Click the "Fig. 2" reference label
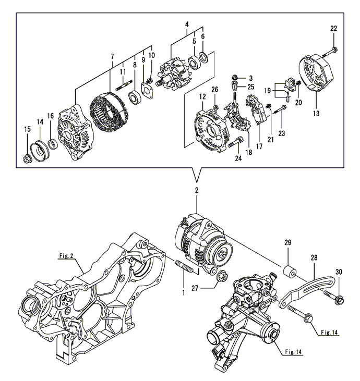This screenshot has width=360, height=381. (66, 256)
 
